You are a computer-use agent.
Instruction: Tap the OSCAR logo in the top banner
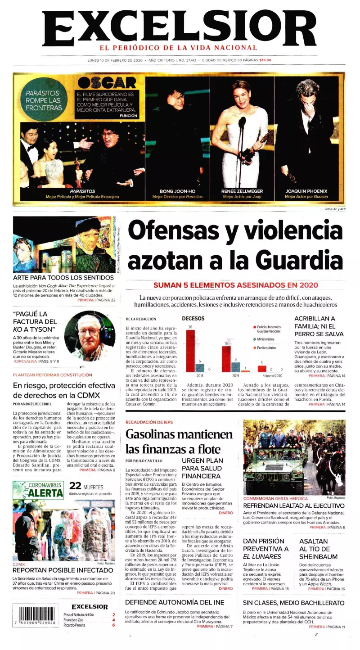tap(107, 83)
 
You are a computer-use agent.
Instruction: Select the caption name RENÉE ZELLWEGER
tap(242, 191)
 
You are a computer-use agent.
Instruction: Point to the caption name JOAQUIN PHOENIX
tap(306, 191)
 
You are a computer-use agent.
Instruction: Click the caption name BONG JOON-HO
tap(177, 191)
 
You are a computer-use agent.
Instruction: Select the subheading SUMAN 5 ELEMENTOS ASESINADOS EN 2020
tap(236, 285)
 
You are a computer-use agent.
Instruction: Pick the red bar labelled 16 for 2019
tap(226, 359)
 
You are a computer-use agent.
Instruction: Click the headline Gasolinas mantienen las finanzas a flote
tap(179, 442)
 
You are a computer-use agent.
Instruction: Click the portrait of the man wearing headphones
tap(90, 336)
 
